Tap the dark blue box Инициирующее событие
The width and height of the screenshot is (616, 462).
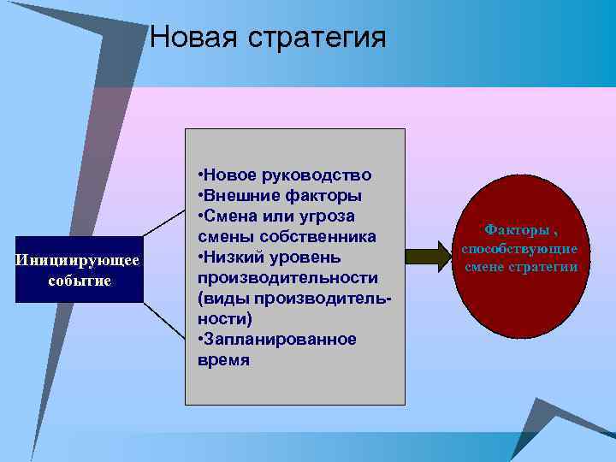pyautogui.click(x=79, y=269)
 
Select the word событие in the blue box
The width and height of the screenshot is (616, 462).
pyautogui.click(x=79, y=281)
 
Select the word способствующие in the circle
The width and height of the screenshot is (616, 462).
pyautogui.click(x=520, y=248)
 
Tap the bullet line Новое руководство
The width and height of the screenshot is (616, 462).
pyautogui.click(x=285, y=175)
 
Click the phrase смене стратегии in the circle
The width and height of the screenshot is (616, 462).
pyautogui.click(x=520, y=268)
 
